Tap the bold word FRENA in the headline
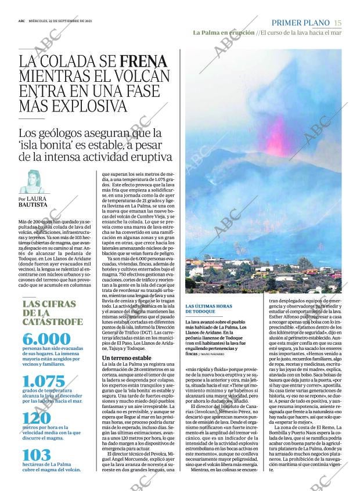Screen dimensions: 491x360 tap(143, 62)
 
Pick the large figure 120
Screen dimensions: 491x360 tap(37, 420)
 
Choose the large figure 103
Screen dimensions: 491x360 tap(36, 455)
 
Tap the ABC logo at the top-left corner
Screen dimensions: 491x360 tap(21, 21)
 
